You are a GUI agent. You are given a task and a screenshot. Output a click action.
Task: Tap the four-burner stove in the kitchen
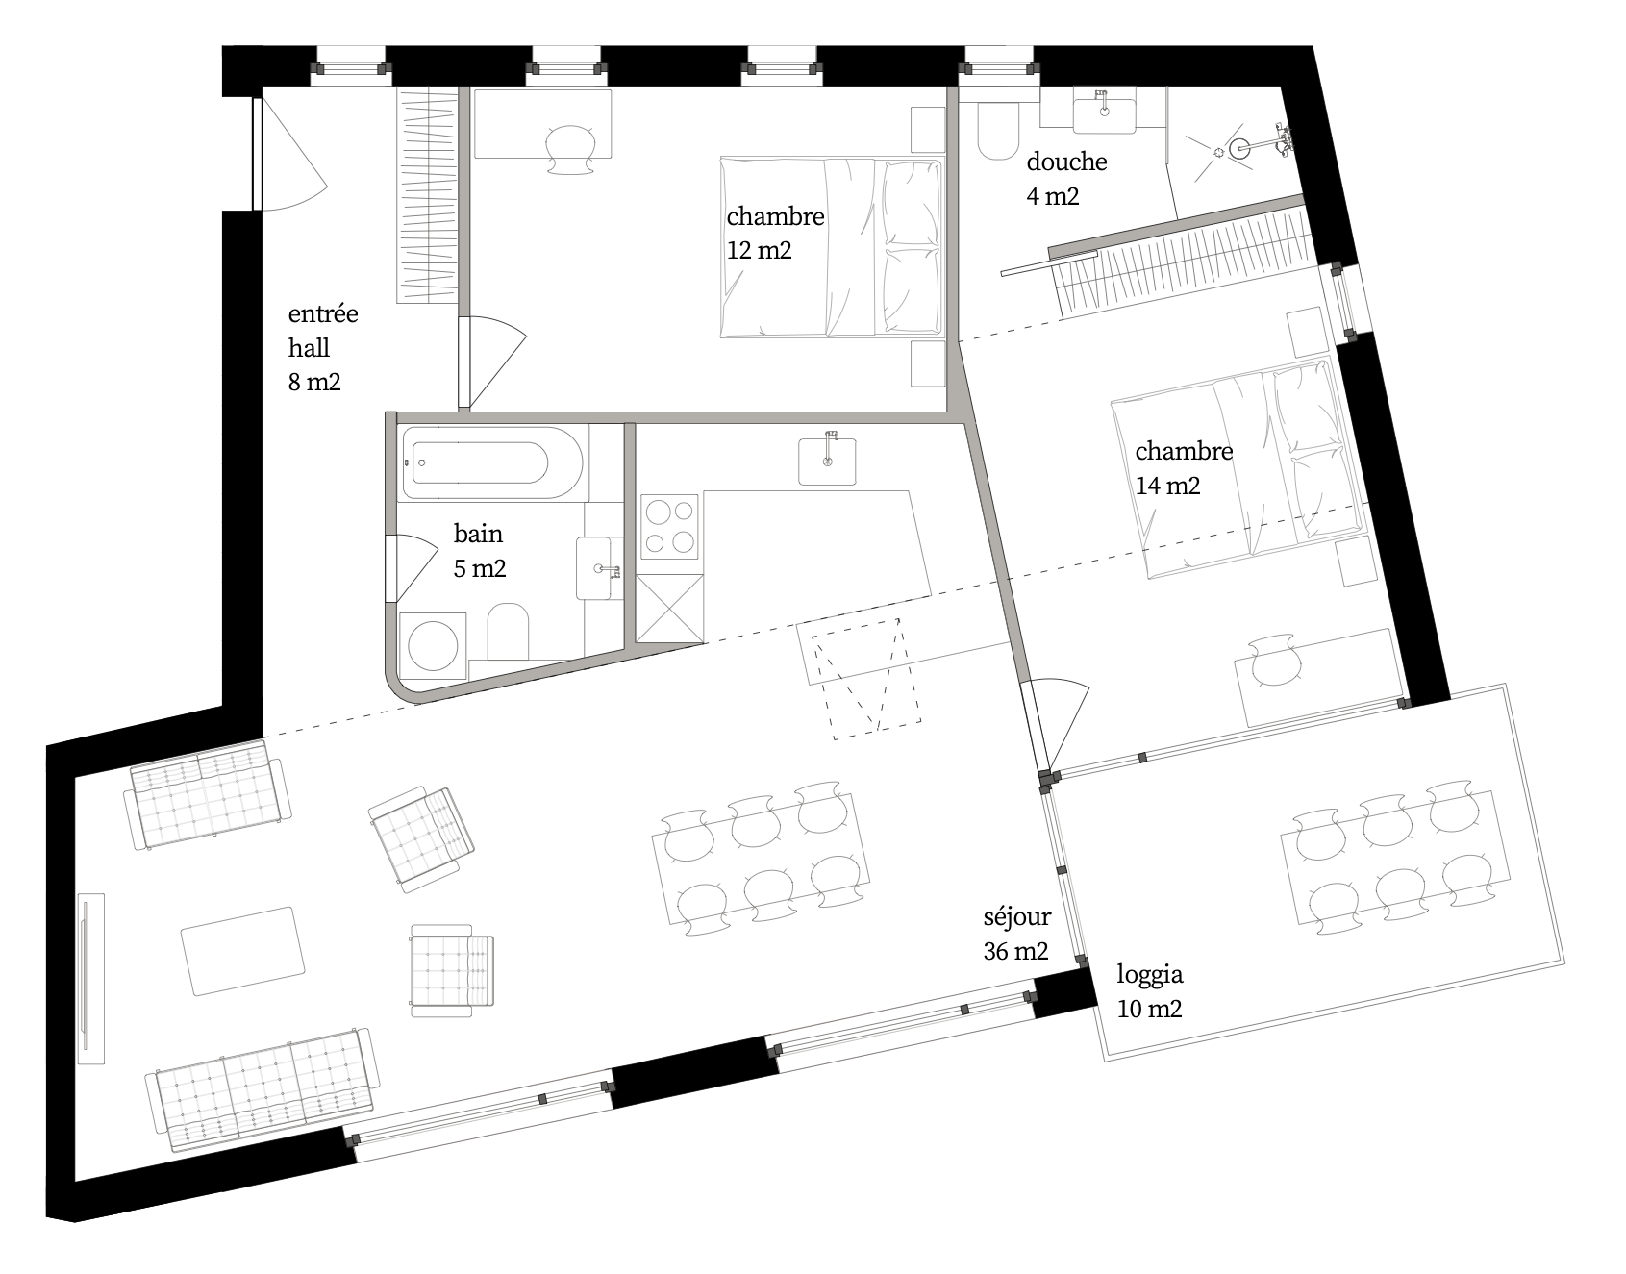[670, 526]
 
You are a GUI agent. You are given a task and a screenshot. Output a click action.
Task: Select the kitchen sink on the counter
[828, 459]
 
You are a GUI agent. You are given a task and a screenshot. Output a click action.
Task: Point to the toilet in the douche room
[998, 130]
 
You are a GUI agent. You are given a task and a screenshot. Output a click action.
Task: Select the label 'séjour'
[1016, 917]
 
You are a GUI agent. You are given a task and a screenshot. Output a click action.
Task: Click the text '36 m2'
[1015, 952]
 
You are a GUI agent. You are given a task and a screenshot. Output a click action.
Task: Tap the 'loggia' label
[1149, 975]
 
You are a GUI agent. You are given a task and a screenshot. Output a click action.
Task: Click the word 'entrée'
[323, 313]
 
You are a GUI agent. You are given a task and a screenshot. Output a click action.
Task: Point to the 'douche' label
[1066, 162]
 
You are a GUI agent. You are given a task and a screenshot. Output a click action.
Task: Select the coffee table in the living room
[240, 951]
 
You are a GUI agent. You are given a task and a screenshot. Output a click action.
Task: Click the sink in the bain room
[599, 568]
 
